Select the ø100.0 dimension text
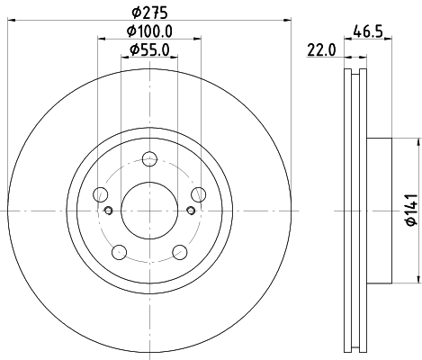(149, 31)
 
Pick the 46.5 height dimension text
(363, 31)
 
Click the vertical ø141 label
(409, 209)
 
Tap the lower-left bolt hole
(118, 251)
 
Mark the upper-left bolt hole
(101, 194)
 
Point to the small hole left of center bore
(109, 211)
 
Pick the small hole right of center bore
(190, 211)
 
